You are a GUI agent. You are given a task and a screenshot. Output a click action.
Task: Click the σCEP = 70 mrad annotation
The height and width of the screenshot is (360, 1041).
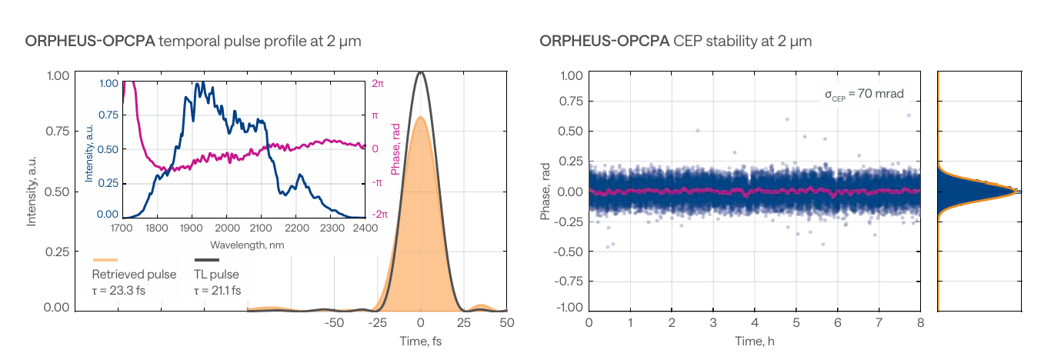click(x=864, y=95)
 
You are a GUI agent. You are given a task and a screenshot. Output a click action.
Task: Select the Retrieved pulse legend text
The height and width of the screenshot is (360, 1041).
click(x=134, y=275)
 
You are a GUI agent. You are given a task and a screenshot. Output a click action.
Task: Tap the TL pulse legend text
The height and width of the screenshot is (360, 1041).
click(x=217, y=275)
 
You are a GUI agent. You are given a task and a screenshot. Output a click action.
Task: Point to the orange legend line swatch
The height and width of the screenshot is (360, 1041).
click(x=105, y=260)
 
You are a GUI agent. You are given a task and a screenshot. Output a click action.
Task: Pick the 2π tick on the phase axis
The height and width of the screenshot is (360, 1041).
click(x=379, y=83)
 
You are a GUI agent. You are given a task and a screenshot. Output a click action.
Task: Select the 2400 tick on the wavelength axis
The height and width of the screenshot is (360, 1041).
click(x=365, y=228)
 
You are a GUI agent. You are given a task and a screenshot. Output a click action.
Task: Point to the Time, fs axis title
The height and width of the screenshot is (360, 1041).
click(x=420, y=340)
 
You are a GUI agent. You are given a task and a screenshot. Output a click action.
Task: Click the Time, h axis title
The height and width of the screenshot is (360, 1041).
click(x=754, y=340)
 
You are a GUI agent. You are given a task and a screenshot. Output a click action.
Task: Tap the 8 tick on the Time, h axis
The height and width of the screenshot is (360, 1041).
click(x=920, y=322)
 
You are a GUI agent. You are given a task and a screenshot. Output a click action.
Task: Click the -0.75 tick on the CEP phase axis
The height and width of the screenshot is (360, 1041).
click(x=569, y=280)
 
